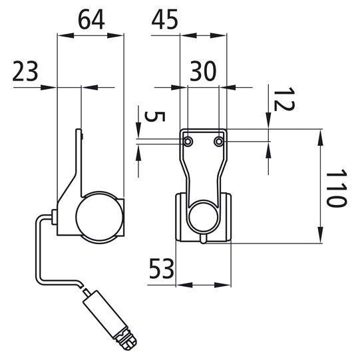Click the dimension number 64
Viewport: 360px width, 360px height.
(92, 20)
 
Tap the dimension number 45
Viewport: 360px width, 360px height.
(165, 20)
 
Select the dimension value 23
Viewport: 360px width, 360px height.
(25, 71)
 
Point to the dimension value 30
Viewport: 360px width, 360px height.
(203, 71)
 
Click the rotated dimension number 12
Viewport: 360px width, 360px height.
(284, 99)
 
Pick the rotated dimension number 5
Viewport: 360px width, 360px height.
(155, 116)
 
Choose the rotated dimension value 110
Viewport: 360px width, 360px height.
(336, 188)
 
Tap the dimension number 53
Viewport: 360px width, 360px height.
(162, 269)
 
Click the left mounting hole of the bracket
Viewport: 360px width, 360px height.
(188, 142)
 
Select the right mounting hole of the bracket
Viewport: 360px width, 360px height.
(219, 142)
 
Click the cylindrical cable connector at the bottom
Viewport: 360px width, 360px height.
(105, 314)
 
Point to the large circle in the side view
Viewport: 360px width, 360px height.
(99, 217)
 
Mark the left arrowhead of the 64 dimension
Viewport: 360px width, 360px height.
(66, 35)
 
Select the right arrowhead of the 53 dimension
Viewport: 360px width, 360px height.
(222, 285)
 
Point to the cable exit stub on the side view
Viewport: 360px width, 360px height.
(55, 217)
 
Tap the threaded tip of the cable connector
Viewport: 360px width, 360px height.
(128, 344)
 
